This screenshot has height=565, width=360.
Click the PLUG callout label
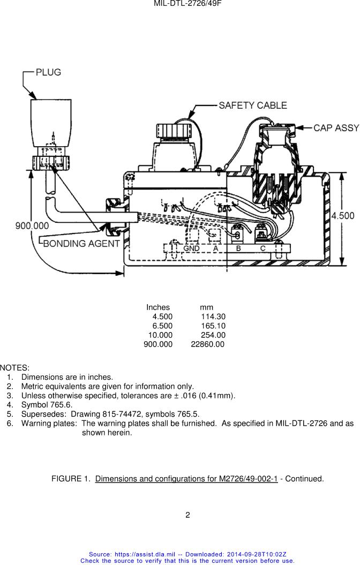[x=48, y=72]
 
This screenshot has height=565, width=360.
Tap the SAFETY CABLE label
[x=253, y=106]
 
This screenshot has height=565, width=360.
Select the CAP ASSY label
[x=336, y=128]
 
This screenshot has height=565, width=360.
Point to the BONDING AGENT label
[x=81, y=244]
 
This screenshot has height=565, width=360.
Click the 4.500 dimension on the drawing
[x=343, y=216]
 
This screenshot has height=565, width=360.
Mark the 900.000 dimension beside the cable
[x=32, y=226]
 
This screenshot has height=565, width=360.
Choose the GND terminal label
[x=191, y=248]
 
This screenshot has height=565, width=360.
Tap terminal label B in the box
[x=238, y=248]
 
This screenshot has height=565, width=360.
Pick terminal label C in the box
[x=262, y=248]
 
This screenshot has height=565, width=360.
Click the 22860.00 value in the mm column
[x=207, y=344]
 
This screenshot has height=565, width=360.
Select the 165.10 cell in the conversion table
[x=213, y=326]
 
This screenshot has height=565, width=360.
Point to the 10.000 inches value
[x=160, y=335]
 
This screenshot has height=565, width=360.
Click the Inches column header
[x=158, y=307]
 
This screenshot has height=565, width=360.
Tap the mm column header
[x=206, y=308]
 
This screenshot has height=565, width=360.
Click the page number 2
[x=187, y=515]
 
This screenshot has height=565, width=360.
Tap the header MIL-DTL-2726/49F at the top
[x=187, y=4]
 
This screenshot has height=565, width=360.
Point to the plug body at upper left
[x=51, y=123]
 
